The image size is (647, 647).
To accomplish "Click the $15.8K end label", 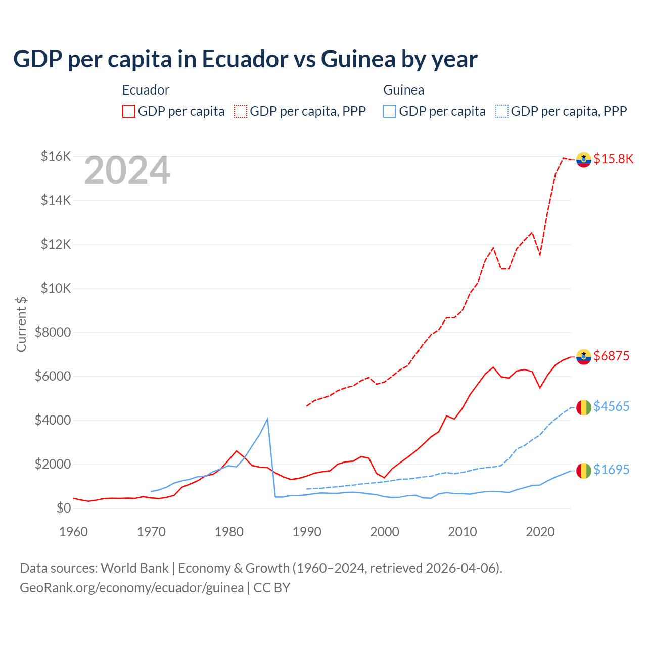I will pyautogui.click(x=613, y=159).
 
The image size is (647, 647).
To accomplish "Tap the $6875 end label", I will pyautogui.click(x=611, y=356).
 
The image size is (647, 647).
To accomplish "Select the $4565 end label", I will pyautogui.click(x=611, y=406).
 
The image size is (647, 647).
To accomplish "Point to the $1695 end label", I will pyautogui.click(x=611, y=470).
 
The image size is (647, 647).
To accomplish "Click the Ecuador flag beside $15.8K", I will pyautogui.click(x=584, y=159).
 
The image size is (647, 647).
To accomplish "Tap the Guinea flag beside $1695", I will pyautogui.click(x=584, y=471).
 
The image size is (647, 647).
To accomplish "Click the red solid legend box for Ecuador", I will pyautogui.click(x=129, y=111).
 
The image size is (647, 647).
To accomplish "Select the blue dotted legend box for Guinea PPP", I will pyautogui.click(x=502, y=111).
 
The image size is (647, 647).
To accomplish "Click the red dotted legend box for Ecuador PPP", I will pyautogui.click(x=241, y=111).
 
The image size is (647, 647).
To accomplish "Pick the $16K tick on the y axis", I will pyautogui.click(x=56, y=156).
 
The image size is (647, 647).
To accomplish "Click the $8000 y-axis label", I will pyautogui.click(x=53, y=332).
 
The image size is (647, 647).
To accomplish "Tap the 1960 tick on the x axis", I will pyautogui.click(x=74, y=532).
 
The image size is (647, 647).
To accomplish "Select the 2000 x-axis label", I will pyautogui.click(x=385, y=532).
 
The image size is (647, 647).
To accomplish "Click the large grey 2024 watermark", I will pyautogui.click(x=127, y=171).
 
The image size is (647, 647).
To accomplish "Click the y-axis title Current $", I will pyautogui.click(x=21, y=325).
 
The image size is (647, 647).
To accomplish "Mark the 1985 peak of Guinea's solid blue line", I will pyautogui.click(x=267, y=419).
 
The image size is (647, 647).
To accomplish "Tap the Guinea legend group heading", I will pyautogui.click(x=403, y=90).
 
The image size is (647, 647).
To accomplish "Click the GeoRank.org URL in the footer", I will pyautogui.click(x=131, y=588).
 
